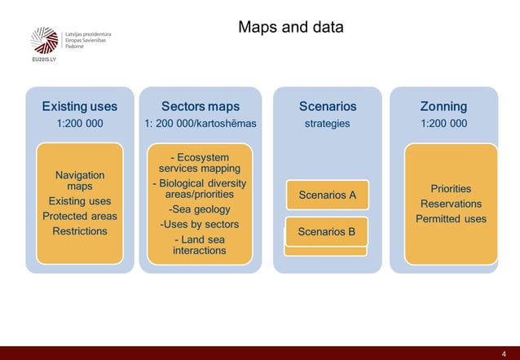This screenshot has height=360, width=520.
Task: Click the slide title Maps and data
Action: [290, 28]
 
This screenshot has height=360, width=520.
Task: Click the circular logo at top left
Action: [44, 40]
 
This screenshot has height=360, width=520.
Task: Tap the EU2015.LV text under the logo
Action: [43, 61]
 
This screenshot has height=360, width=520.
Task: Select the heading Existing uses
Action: [79, 106]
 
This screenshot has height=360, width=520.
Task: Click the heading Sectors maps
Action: [200, 106]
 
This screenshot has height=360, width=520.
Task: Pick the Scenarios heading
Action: [327, 106]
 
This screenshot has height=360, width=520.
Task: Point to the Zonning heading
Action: [443, 106]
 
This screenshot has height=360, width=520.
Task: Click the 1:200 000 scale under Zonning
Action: [443, 124]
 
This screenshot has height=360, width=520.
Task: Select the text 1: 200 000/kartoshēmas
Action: [200, 124]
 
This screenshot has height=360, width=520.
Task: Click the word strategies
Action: [327, 124]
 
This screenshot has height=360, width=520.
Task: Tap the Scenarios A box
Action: [327, 195]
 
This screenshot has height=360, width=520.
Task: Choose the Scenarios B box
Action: [327, 231]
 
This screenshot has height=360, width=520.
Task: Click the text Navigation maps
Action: [79, 180]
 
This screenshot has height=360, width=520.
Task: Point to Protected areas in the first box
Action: [79, 216]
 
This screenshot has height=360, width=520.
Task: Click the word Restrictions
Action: [79, 231]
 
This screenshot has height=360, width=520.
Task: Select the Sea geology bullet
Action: [200, 209]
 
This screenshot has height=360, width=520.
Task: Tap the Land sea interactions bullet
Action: [200, 245]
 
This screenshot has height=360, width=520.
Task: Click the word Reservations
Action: [451, 204]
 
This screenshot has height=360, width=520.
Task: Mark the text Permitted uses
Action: [451, 218]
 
